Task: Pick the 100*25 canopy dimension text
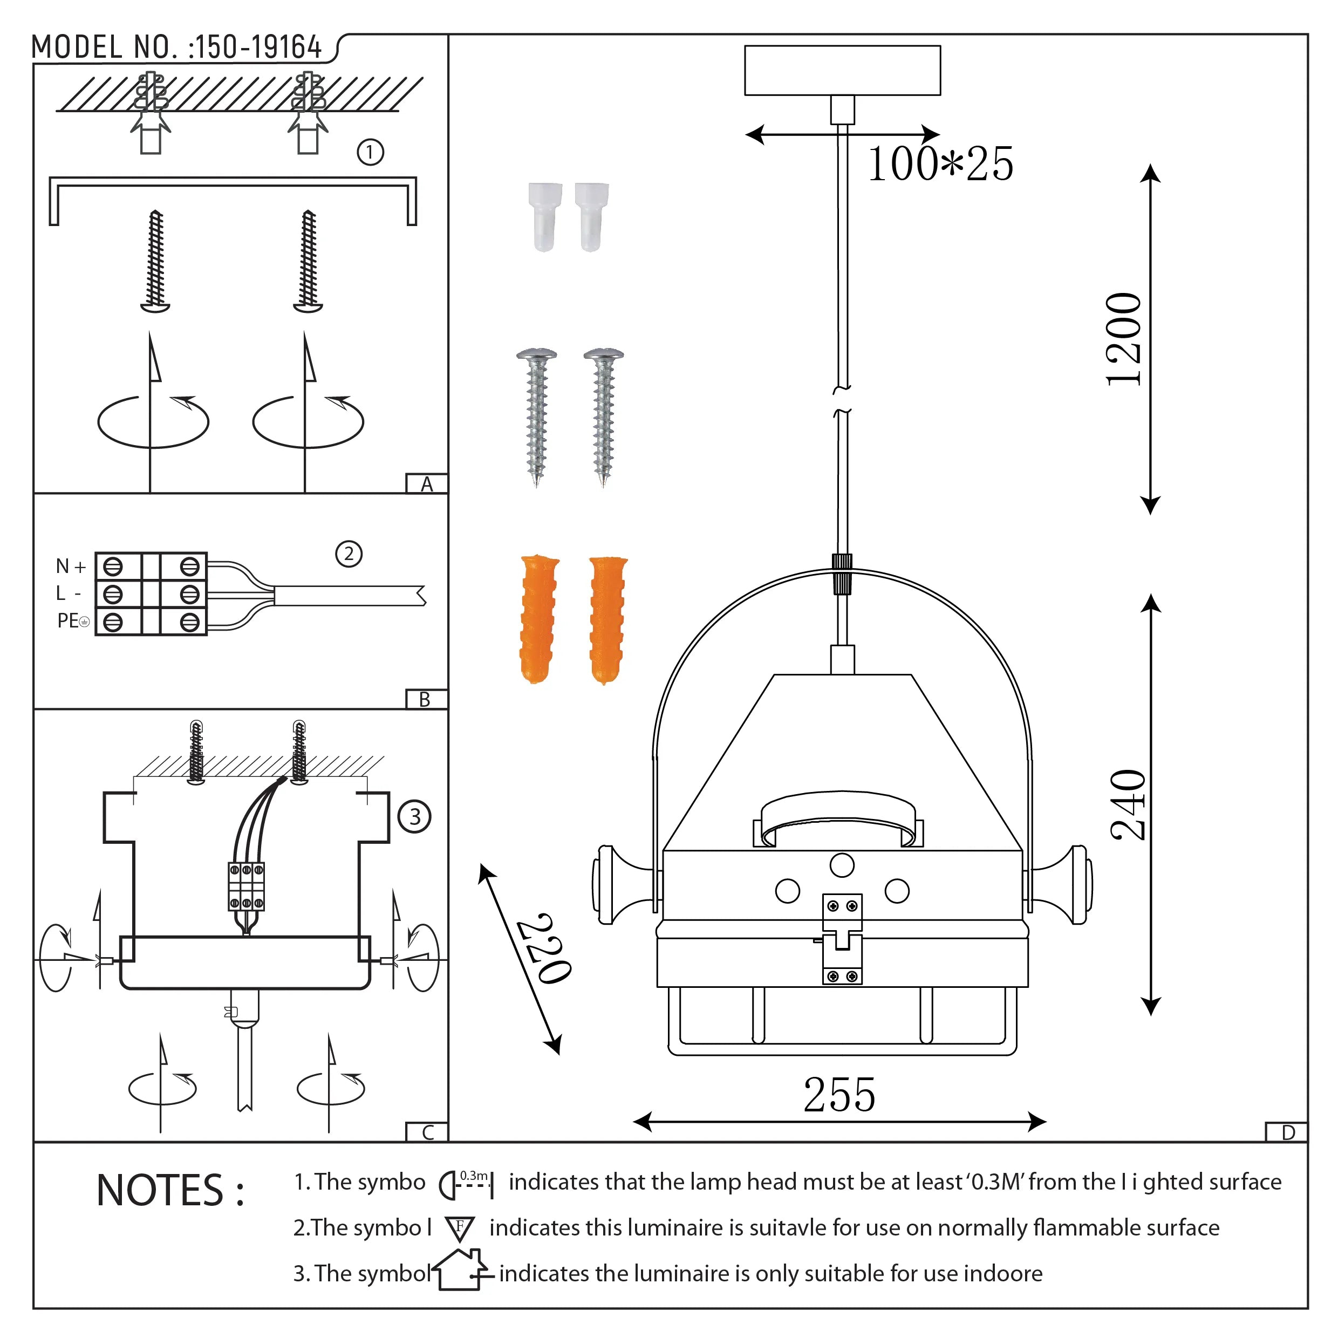pos(940,164)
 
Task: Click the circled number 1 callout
pos(370,152)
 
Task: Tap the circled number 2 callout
pos(349,554)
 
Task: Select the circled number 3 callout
pos(414,816)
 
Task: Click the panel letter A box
pos(427,483)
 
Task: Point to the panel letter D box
pos(1287,1132)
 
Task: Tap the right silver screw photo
pos(603,415)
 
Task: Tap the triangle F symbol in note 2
pos(459,1228)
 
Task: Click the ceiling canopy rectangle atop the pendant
pos(842,70)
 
